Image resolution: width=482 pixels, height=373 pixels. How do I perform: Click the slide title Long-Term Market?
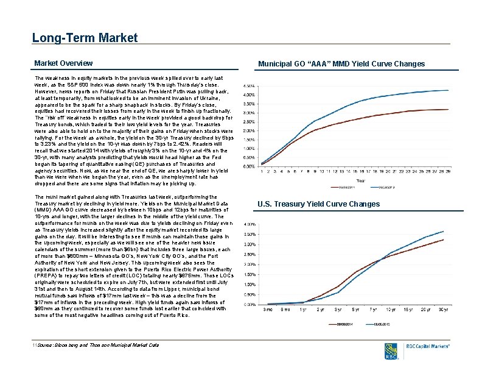coord(85,38)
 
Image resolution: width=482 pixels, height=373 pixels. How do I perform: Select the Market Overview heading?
coord(63,63)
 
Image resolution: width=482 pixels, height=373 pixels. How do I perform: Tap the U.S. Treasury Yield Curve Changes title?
coord(318,204)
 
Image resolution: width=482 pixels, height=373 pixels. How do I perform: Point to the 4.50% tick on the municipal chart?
coord(249,85)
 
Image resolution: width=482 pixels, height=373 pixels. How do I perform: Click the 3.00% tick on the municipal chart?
coord(249,113)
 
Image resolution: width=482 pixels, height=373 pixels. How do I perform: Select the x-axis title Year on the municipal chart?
coord(360,180)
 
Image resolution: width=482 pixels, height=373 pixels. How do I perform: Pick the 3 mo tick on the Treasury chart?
coord(268,310)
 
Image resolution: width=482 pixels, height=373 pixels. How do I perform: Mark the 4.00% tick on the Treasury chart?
coord(249,224)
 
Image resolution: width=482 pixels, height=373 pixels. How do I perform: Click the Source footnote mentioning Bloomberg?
coord(97,346)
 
